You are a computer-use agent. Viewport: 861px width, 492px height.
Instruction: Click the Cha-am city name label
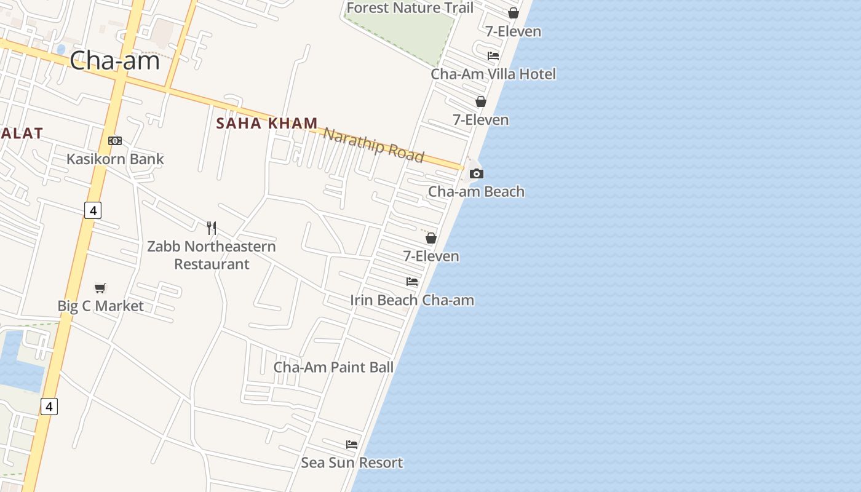click(114, 61)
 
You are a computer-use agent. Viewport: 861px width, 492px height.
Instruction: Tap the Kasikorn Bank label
click(115, 159)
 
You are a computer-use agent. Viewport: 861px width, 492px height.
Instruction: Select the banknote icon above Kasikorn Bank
click(115, 141)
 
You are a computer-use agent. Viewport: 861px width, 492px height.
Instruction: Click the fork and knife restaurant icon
click(212, 228)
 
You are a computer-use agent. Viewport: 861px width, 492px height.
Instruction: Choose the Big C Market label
click(100, 306)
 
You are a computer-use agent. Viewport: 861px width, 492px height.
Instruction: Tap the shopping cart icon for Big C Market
click(100, 288)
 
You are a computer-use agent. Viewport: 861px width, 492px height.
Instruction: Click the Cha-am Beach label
click(476, 192)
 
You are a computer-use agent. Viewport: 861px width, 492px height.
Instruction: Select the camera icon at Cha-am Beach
click(476, 174)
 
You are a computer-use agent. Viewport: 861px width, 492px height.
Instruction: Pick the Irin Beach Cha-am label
click(412, 301)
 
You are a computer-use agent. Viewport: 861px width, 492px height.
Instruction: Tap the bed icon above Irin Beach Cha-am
click(412, 282)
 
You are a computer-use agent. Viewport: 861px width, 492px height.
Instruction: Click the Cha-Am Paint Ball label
click(333, 368)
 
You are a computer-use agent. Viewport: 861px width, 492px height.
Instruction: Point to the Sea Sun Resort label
click(352, 463)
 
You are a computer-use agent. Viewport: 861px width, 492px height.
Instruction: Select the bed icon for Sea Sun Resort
click(352, 444)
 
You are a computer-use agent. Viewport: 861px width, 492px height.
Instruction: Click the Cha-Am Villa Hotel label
click(493, 74)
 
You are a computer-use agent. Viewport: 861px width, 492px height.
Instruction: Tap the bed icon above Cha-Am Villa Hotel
click(493, 55)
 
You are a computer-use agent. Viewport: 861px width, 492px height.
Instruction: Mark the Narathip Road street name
click(374, 145)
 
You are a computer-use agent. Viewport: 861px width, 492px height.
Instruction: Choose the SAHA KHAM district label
click(267, 124)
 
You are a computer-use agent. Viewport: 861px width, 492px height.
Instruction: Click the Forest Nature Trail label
click(410, 8)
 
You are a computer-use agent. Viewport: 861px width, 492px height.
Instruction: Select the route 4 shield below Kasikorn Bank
click(92, 210)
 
